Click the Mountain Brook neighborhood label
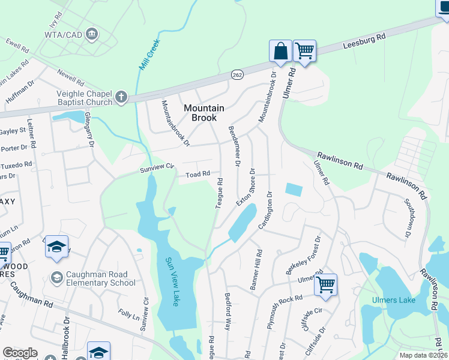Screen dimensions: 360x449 point(203,113)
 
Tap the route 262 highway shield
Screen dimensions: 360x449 point(237,74)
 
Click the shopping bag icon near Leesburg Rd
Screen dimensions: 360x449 point(280,51)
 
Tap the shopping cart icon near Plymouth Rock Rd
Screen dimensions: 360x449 point(325,284)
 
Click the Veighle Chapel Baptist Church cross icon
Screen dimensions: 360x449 point(121,97)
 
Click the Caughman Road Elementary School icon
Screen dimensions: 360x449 point(57,277)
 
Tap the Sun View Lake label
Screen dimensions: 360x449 point(172,281)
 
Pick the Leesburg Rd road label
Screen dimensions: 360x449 point(364,44)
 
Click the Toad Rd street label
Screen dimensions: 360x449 point(197,174)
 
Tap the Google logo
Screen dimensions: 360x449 point(20,353)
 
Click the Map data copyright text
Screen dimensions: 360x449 point(423,355)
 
